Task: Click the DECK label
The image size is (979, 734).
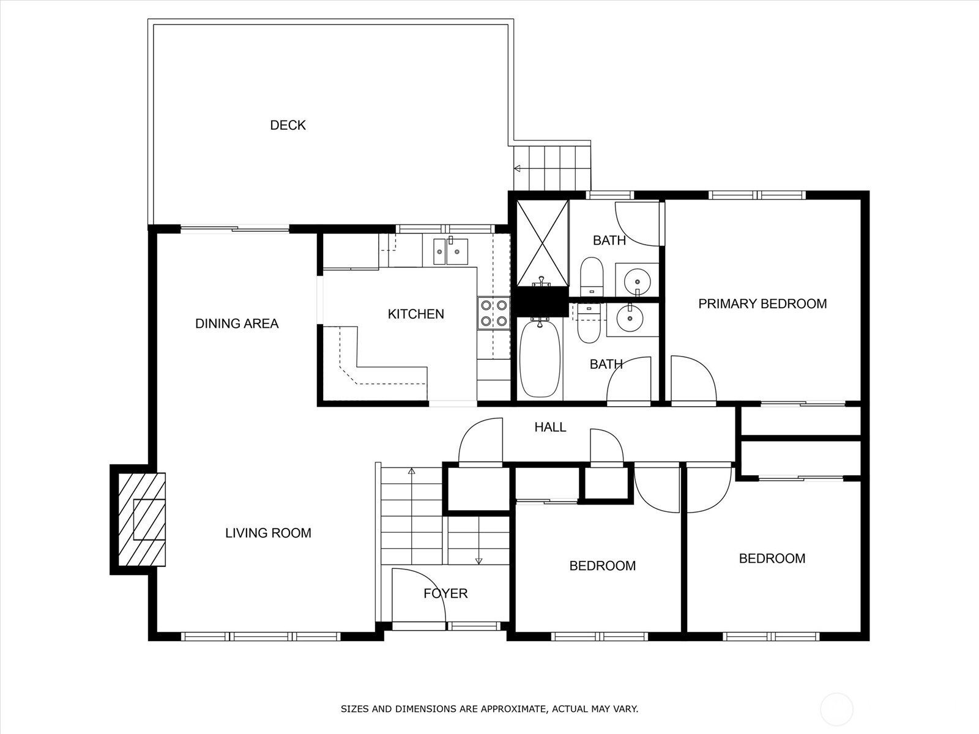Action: tap(288, 125)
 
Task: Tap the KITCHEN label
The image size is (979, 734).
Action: tap(415, 314)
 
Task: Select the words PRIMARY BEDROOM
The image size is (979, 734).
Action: tap(762, 304)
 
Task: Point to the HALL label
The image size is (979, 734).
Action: tap(550, 428)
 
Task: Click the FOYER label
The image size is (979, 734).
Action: tap(445, 593)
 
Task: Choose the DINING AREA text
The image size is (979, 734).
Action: tap(237, 324)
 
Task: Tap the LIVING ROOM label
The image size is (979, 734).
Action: tap(268, 533)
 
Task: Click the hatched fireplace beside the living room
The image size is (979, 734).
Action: tap(142, 520)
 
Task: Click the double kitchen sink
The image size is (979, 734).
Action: tap(450, 251)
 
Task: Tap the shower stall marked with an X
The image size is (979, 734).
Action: tap(542, 243)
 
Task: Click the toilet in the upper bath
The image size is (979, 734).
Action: tap(592, 276)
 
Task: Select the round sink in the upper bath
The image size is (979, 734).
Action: tap(638, 281)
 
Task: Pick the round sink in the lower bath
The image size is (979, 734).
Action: tap(630, 317)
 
